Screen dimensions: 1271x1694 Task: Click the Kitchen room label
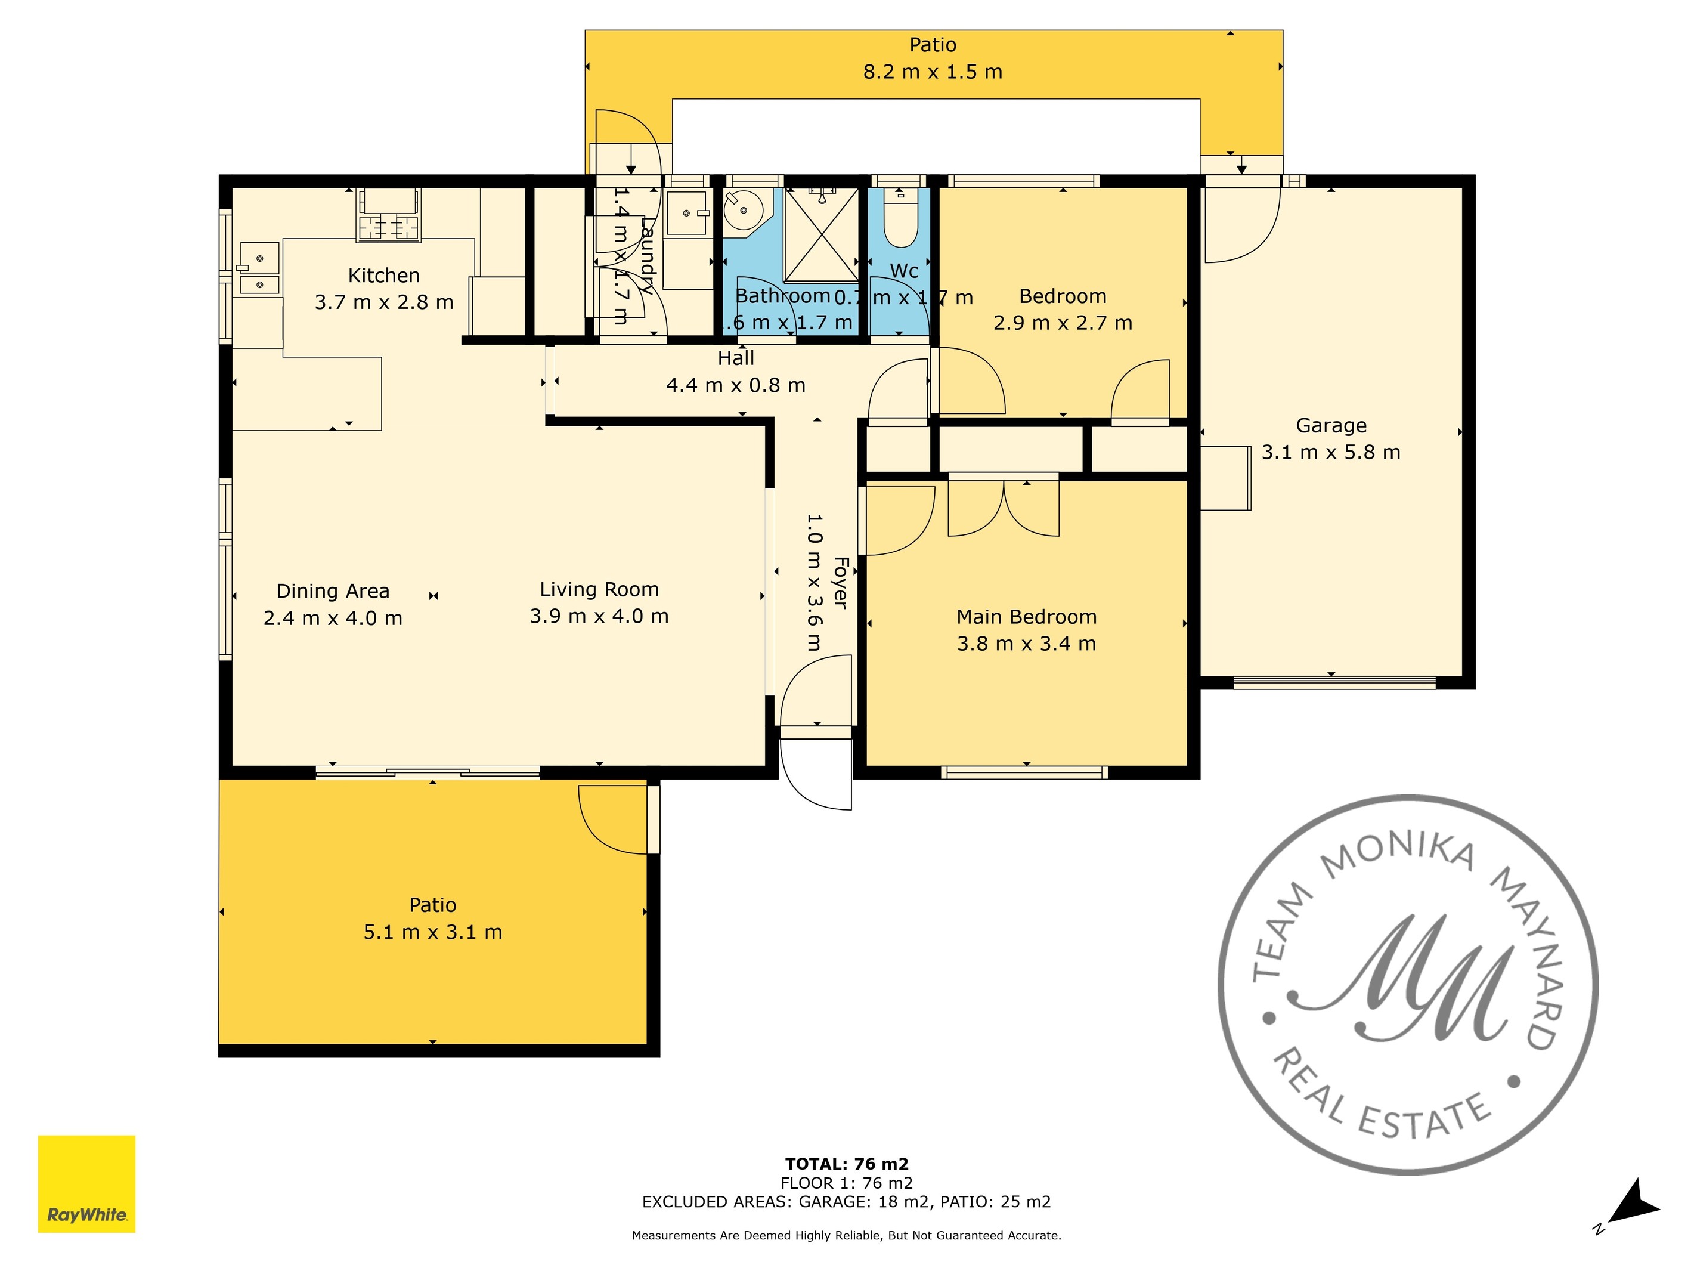tap(383, 275)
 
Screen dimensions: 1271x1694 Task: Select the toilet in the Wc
tap(900, 222)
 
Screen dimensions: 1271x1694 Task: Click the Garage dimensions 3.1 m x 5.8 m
tap(1330, 452)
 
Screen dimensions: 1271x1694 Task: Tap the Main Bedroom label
tap(1026, 617)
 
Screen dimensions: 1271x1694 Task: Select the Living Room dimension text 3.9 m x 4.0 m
tap(599, 616)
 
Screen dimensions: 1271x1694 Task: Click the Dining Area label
tap(332, 590)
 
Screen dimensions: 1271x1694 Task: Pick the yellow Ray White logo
tap(86, 1184)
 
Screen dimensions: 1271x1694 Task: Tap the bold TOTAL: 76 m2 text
tap(846, 1164)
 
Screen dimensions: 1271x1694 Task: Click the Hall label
tap(735, 358)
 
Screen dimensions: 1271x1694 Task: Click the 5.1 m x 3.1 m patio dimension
tap(433, 932)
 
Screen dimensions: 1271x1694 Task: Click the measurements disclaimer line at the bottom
tap(846, 1235)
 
